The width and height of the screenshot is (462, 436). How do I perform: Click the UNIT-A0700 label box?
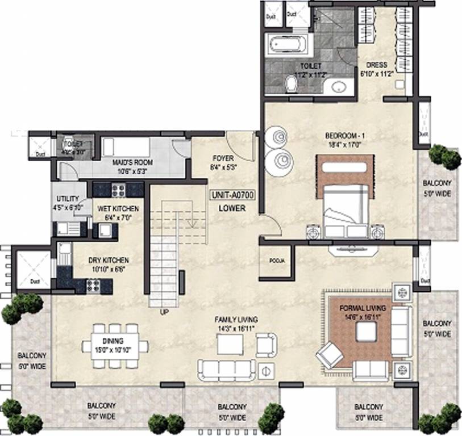click(x=232, y=195)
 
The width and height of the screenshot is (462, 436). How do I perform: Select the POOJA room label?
click(x=276, y=261)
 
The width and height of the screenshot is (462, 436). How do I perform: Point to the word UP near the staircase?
click(x=163, y=311)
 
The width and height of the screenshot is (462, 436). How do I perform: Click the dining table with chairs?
click(x=115, y=345)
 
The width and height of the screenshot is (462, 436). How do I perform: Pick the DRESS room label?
click(x=377, y=65)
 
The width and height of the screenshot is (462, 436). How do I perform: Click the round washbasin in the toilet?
click(x=339, y=87)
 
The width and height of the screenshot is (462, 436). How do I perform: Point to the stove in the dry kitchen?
click(x=93, y=286)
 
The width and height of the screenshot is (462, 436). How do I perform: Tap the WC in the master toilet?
click(x=292, y=85)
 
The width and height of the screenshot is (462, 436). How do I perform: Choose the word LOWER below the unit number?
click(x=232, y=208)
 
